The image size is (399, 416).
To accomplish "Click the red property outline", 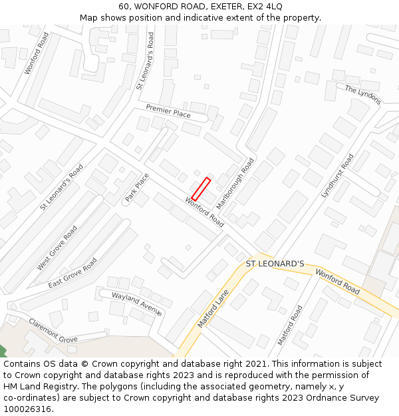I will coord(201,188).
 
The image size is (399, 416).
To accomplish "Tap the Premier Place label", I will coord(168,111).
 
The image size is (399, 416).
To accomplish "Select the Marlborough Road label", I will coord(235,184).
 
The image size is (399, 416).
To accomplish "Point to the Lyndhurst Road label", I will coord(337,176).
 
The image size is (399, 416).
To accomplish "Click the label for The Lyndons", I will coord(363,95).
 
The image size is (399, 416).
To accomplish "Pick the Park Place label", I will coord(137,188).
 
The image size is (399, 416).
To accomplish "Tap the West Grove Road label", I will coord(57,248).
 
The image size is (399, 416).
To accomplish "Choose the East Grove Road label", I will coord(72,273).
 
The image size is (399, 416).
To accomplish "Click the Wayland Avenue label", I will coord(137,304).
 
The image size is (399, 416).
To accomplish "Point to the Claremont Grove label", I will coord(53,330).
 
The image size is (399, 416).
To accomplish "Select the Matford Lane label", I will coord(213,309).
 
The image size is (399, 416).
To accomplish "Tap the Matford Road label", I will coord(290,325).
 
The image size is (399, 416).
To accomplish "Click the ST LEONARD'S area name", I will coord(275,264).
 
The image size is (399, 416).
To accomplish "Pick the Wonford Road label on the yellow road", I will coord(337,282).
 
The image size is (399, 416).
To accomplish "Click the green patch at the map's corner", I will coord(2,351).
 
